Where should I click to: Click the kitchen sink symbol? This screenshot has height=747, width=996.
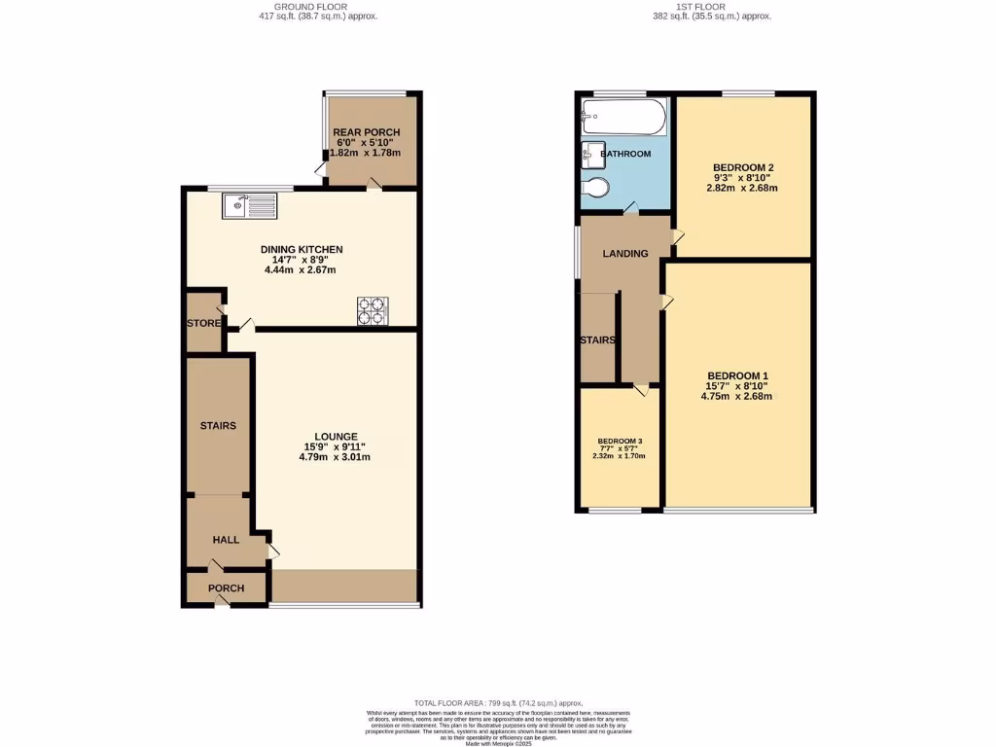pyautogui.click(x=250, y=206)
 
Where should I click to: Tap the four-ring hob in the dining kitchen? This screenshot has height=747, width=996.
pyautogui.click(x=372, y=310)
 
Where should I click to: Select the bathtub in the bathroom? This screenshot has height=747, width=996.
pyautogui.click(x=623, y=120)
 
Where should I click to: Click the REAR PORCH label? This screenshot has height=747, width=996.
pyautogui.click(x=366, y=132)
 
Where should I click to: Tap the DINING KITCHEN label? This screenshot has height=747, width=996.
pyautogui.click(x=302, y=250)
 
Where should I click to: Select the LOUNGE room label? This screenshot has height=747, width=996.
pyautogui.click(x=337, y=437)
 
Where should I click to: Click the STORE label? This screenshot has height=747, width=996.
pyautogui.click(x=204, y=323)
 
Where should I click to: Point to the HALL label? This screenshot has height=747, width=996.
pyautogui.click(x=227, y=540)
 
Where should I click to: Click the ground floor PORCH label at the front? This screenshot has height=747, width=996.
pyautogui.click(x=226, y=588)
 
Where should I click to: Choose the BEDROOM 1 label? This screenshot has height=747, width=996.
pyautogui.click(x=737, y=376)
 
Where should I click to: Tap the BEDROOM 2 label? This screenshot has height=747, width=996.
pyautogui.click(x=743, y=167)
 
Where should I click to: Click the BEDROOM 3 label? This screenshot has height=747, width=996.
pyautogui.click(x=620, y=441)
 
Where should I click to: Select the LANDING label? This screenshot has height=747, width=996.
pyautogui.click(x=625, y=254)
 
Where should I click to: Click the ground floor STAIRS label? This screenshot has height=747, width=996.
pyautogui.click(x=218, y=426)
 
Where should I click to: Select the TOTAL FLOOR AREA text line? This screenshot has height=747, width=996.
pyautogui.click(x=498, y=702)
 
